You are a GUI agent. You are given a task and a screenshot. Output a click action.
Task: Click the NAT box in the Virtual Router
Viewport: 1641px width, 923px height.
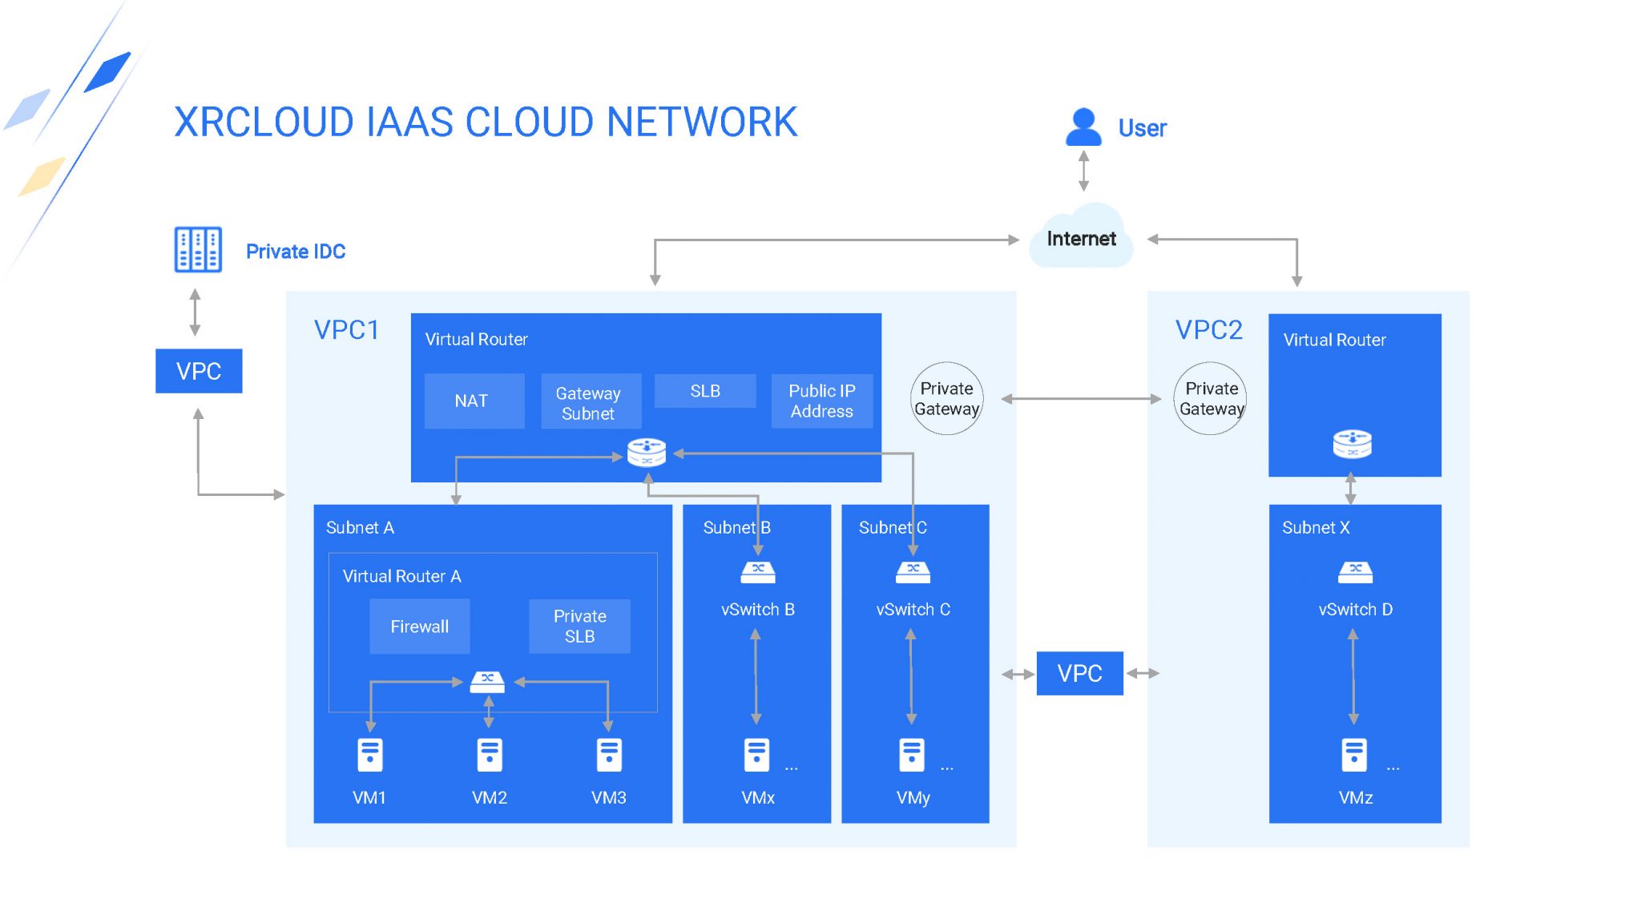(474, 401)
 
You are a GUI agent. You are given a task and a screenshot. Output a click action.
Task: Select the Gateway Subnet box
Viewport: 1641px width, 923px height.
(591, 401)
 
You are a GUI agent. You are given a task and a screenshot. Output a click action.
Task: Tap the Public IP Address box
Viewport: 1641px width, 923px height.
(821, 401)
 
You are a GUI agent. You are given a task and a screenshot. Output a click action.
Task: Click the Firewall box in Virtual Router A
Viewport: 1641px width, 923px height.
(419, 627)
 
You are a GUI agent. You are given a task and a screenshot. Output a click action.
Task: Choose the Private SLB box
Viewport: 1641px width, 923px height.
(579, 627)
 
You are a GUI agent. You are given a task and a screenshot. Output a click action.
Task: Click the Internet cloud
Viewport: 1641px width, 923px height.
(1081, 237)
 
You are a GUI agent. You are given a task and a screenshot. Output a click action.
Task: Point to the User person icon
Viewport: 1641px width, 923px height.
(1083, 127)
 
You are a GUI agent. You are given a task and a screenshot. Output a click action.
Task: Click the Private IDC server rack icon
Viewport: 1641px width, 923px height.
(198, 250)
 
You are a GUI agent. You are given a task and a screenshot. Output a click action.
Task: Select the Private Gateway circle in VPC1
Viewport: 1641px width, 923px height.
(946, 398)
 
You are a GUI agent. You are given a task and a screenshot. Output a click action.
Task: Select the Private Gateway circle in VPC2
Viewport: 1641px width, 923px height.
(1211, 398)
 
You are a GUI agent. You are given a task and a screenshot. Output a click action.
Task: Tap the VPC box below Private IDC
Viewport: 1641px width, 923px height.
(199, 371)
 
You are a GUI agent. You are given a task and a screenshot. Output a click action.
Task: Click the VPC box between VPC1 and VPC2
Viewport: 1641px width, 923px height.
(1079, 673)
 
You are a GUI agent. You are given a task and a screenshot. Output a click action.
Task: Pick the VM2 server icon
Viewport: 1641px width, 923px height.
(489, 755)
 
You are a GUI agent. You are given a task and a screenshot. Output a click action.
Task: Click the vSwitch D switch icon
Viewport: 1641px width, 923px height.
(1355, 572)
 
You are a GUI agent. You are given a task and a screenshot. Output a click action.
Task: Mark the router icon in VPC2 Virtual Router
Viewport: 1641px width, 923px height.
(1352, 443)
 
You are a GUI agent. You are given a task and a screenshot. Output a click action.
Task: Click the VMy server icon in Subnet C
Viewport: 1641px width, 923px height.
(912, 755)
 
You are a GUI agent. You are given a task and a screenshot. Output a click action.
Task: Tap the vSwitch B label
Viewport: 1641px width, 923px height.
(757, 610)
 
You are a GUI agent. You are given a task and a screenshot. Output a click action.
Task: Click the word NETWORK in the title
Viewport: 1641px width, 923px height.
(702, 123)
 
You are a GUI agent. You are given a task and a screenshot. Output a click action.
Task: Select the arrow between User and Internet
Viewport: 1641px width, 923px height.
(1083, 171)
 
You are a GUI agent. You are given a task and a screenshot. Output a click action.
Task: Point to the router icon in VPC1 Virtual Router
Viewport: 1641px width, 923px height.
(647, 452)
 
